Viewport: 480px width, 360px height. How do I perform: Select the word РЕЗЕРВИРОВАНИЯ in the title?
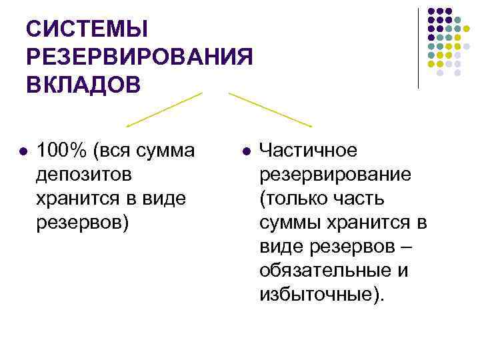tap(140, 57)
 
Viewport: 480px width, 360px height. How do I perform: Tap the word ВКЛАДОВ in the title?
tap(83, 85)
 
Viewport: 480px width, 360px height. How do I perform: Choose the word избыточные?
tap(319, 295)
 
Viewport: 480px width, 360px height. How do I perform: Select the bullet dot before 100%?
tap(23, 152)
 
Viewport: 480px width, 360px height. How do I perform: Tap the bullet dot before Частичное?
tap(245, 152)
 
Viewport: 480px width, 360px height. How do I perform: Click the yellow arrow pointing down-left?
tap(164, 109)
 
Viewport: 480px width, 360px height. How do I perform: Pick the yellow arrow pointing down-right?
tap(269, 109)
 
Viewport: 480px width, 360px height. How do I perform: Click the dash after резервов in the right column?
tap(407, 247)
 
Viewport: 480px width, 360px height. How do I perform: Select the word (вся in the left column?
tap(115, 151)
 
